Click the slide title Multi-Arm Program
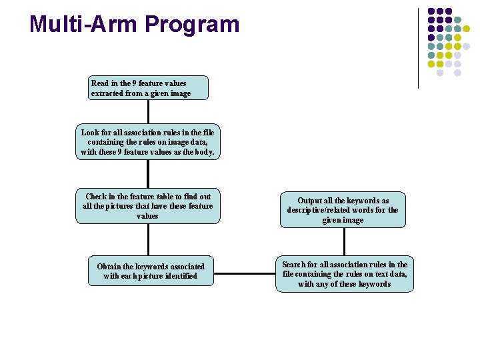tap(134, 25)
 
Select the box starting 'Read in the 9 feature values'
tap(149, 88)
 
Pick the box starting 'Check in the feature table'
tap(147, 206)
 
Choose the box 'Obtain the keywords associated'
tap(151, 271)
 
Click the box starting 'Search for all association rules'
tap(344, 274)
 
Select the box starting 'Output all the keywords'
tap(343, 210)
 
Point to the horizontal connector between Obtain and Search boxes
tap(245, 273)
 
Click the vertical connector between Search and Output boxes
tap(344, 243)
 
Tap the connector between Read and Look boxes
tap(148, 113)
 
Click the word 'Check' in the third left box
tap(97, 197)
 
